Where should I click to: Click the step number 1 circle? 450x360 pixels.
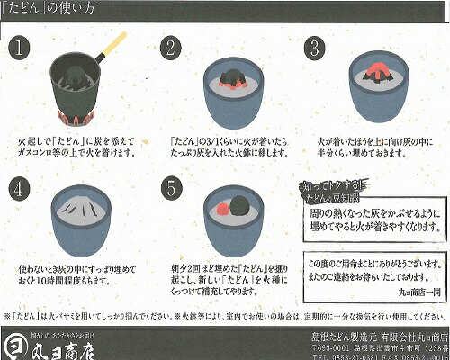click(22, 48)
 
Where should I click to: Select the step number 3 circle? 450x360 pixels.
click(315, 48)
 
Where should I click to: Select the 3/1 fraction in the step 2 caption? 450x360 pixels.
click(201, 141)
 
